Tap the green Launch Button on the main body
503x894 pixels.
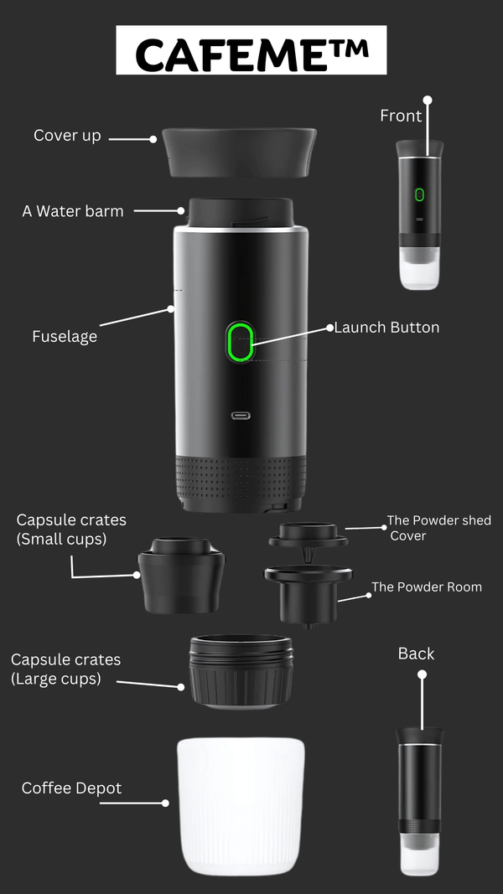(x=241, y=343)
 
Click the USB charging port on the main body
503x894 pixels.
(x=241, y=416)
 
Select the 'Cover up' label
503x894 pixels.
(x=67, y=135)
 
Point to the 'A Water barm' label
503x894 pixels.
(x=73, y=211)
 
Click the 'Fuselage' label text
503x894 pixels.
(x=65, y=337)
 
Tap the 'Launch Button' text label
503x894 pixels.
(x=386, y=328)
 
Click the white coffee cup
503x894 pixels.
(x=241, y=806)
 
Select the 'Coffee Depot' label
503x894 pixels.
(x=71, y=788)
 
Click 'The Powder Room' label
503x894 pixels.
(x=427, y=587)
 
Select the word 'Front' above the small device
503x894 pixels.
(x=401, y=116)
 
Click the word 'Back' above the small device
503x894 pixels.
(x=416, y=654)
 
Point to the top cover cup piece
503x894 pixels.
(x=239, y=152)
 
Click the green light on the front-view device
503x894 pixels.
(x=419, y=195)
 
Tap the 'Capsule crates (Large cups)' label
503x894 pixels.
(x=66, y=669)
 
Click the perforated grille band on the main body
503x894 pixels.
(x=241, y=476)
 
